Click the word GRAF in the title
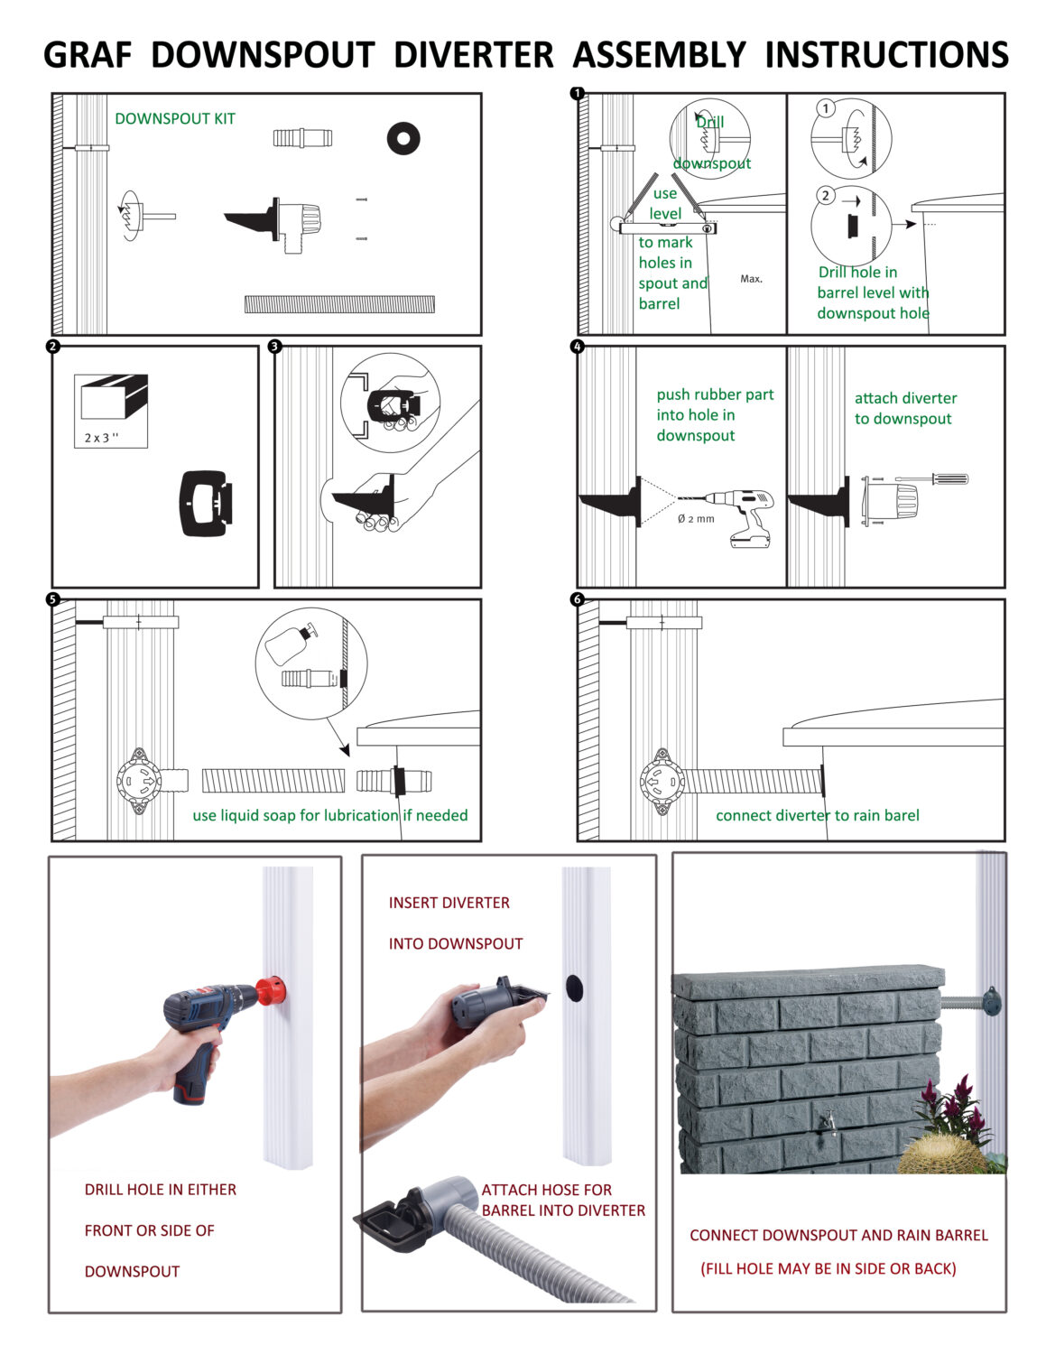(88, 55)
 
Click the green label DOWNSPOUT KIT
(175, 118)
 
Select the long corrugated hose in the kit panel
(339, 304)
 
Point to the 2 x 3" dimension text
(102, 438)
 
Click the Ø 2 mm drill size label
(696, 518)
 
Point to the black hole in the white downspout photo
(574, 987)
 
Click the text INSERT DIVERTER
(449, 903)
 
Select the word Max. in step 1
(751, 279)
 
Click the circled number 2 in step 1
(826, 196)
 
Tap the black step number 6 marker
(577, 598)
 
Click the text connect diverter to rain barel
(818, 815)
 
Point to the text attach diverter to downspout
(905, 408)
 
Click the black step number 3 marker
(274, 346)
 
